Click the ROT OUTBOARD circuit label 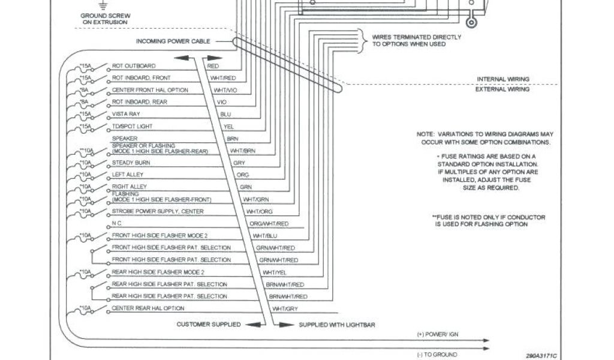pos(134,65)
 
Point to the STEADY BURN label pos(130,163)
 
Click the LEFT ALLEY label pos(128,175)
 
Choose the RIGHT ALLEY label pos(129,187)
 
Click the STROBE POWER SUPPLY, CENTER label pos(158,211)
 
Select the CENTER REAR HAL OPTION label pos(148,308)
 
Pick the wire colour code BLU pos(225,114)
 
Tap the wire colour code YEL pos(228,127)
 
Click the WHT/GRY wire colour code pos(285,308)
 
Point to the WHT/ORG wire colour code pos(259,212)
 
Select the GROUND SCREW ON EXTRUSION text pos(105,19)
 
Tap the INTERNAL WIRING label pos(502,79)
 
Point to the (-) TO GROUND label pos(435,354)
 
